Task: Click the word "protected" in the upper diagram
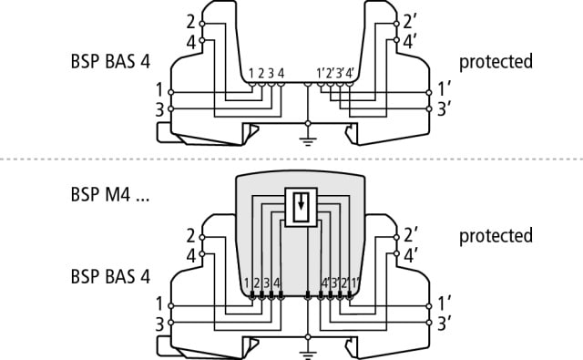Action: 496,63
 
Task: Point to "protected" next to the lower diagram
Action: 496,236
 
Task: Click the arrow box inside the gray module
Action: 298,205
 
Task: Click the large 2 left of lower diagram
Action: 189,235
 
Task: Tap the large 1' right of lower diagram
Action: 443,303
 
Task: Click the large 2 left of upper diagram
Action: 189,21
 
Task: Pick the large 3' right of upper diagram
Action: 443,109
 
